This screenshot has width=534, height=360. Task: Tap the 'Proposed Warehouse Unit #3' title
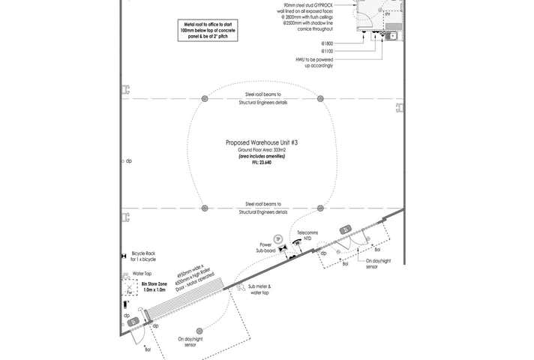[262, 142]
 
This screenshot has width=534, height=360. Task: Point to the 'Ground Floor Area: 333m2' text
[262, 151]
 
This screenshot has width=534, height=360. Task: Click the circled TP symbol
[278, 238]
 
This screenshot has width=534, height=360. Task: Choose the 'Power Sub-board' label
[265, 248]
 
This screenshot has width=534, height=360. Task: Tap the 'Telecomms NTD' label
[307, 235]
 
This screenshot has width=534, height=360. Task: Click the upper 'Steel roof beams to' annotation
[262, 94]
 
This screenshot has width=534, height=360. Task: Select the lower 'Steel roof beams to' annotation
[262, 203]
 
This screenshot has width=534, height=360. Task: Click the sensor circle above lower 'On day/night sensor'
[198, 331]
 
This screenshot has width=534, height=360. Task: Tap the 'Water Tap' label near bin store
[142, 274]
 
